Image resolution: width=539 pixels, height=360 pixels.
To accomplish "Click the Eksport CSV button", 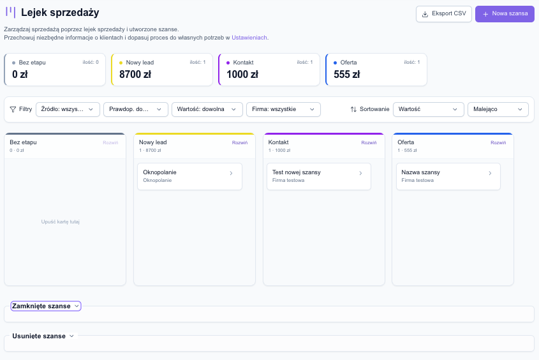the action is click(443, 14).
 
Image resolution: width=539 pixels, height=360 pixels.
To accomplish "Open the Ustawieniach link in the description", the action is click(249, 38).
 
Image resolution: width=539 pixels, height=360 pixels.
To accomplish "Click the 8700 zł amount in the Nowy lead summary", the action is click(135, 74).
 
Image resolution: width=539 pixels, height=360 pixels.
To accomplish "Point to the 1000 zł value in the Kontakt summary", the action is click(242, 74).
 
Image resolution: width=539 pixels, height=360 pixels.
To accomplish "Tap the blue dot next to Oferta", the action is click(335, 63).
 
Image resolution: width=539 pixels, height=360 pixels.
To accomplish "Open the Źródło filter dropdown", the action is click(68, 109).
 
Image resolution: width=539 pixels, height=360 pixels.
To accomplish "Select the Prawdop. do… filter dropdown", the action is click(136, 109).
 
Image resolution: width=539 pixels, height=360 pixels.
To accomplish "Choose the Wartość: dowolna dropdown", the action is click(207, 109).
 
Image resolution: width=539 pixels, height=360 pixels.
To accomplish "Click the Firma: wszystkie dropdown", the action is click(284, 109).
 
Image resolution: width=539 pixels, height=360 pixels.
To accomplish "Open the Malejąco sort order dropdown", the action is click(498, 109).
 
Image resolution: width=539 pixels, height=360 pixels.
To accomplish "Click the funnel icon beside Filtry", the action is click(13, 109).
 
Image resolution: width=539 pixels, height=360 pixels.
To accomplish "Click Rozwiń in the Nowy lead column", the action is click(240, 143).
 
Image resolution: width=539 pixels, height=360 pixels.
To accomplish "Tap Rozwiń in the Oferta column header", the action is click(498, 143).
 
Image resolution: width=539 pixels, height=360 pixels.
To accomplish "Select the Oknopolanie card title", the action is click(159, 172).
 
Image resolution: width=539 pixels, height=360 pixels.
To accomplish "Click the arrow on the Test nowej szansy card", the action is click(360, 173).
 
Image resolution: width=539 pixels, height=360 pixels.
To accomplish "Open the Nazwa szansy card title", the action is click(421, 172).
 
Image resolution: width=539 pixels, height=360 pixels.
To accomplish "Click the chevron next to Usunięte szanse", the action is click(71, 336).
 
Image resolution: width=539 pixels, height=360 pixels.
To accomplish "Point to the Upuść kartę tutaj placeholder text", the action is click(61, 221).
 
